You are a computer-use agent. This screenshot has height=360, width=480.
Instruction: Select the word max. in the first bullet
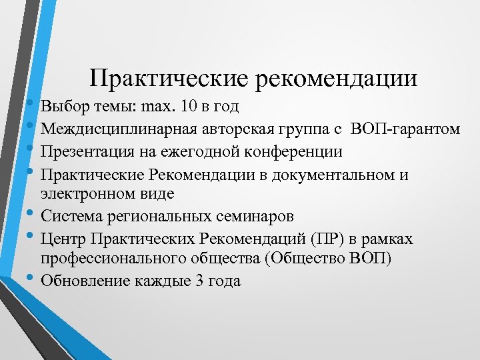[x=156, y=107]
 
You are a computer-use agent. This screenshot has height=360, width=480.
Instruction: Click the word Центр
[x=61, y=239]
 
